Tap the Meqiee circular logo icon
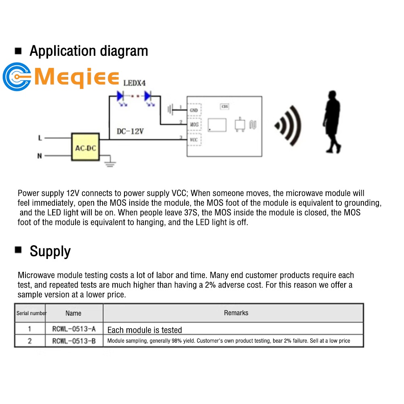click(x=17, y=76)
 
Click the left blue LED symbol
click(x=120, y=96)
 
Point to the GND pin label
click(x=194, y=109)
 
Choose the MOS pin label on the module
click(x=194, y=124)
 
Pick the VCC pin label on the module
click(x=194, y=139)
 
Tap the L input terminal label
click(x=40, y=138)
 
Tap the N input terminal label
click(x=40, y=156)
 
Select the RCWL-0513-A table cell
click(x=74, y=329)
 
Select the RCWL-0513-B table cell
click(x=74, y=341)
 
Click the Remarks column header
click(x=236, y=313)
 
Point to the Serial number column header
click(x=32, y=313)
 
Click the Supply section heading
click(x=50, y=251)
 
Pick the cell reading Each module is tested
click(x=145, y=330)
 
